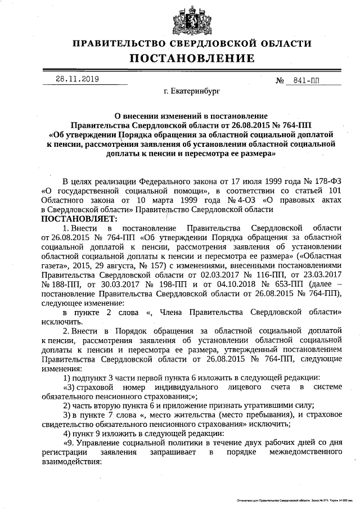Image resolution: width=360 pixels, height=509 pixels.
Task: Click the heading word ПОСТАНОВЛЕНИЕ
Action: click(x=192, y=58)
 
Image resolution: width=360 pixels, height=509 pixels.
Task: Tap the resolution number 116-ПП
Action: click(x=257, y=276)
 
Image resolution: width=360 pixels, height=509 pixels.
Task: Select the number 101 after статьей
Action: click(x=334, y=191)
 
